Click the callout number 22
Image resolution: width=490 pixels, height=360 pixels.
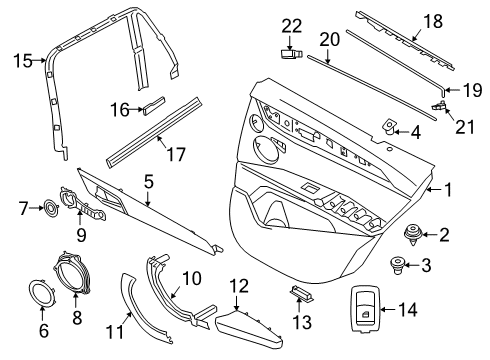[290, 25]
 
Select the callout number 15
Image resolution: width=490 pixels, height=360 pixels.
[23, 61]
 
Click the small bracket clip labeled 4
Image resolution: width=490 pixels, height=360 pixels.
[391, 129]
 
